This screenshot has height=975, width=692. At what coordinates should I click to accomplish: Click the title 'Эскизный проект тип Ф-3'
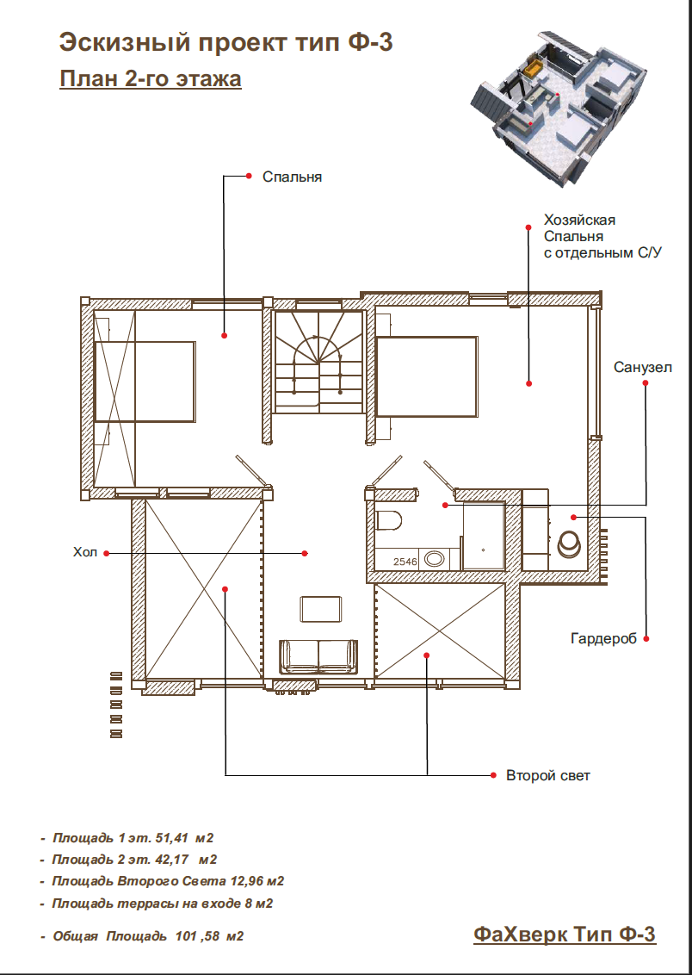click(226, 42)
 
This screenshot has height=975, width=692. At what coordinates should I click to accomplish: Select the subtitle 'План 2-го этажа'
click(151, 79)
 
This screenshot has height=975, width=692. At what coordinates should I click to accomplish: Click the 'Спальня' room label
click(292, 177)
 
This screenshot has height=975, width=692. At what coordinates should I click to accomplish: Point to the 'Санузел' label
click(643, 367)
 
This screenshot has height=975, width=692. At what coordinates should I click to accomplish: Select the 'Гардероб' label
click(604, 638)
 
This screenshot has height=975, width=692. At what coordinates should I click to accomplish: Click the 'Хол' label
click(85, 552)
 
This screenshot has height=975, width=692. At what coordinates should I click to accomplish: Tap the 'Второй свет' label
click(548, 775)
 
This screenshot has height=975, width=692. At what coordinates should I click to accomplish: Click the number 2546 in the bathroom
click(405, 562)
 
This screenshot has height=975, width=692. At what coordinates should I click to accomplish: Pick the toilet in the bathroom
click(390, 520)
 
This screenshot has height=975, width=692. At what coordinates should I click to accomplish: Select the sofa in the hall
click(319, 656)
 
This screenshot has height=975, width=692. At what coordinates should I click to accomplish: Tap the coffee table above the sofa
click(320, 609)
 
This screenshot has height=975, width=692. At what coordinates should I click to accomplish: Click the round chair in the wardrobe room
click(570, 545)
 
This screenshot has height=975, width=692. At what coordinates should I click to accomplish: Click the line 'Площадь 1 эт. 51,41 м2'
click(133, 837)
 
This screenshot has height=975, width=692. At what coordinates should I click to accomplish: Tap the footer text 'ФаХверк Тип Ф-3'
click(565, 934)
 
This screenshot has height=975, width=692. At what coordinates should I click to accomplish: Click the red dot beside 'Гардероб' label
click(646, 638)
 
